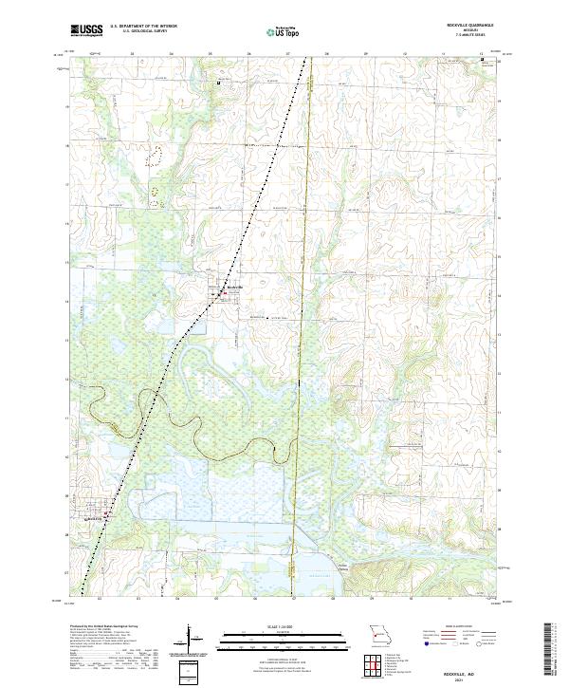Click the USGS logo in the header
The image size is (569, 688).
[x=86, y=30]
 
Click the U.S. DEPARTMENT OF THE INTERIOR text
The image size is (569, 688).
[x=144, y=27]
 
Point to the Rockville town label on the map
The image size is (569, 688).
[x=234, y=288]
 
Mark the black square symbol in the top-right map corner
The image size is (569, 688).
[x=483, y=60]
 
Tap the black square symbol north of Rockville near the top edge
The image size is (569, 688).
[x=219, y=83]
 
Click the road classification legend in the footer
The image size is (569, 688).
[x=455, y=641]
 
